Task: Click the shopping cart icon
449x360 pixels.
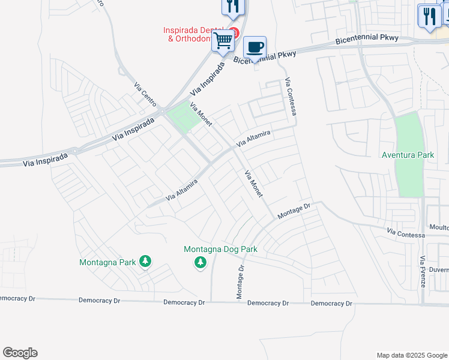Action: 223,41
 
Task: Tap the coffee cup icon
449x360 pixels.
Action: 255,46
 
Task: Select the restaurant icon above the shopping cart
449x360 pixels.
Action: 233,7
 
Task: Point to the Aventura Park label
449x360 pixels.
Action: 408,155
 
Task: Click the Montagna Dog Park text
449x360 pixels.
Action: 220,249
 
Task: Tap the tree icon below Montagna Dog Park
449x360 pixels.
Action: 200,262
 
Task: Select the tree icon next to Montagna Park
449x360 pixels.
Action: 145,262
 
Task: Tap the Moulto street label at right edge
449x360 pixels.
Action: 439,227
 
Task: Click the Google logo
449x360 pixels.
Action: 20,353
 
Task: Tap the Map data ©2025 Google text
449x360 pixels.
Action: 411,355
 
